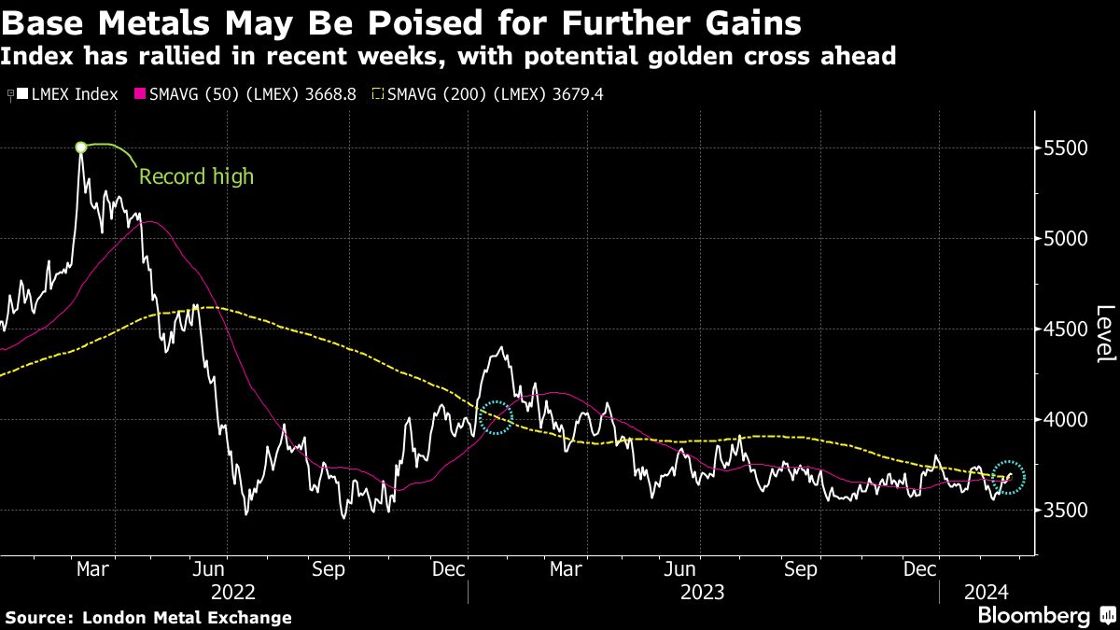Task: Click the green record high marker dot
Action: click(81, 147)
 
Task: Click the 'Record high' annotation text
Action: click(196, 176)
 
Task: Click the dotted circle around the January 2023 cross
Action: click(497, 417)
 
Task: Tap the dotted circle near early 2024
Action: click(1008, 477)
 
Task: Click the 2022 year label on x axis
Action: click(233, 591)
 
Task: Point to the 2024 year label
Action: click(985, 591)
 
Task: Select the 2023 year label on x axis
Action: click(703, 591)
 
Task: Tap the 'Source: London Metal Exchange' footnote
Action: click(148, 617)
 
